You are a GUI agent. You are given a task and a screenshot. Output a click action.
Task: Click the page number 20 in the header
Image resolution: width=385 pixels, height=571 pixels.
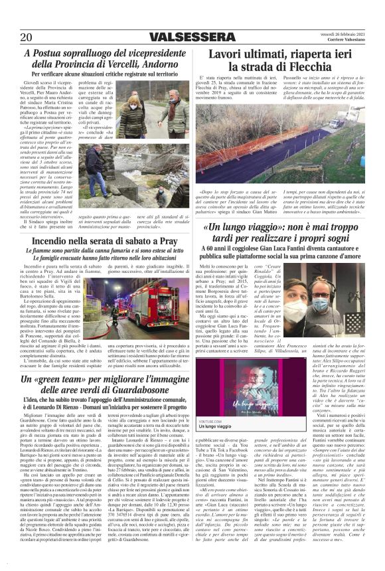point(27,37)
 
